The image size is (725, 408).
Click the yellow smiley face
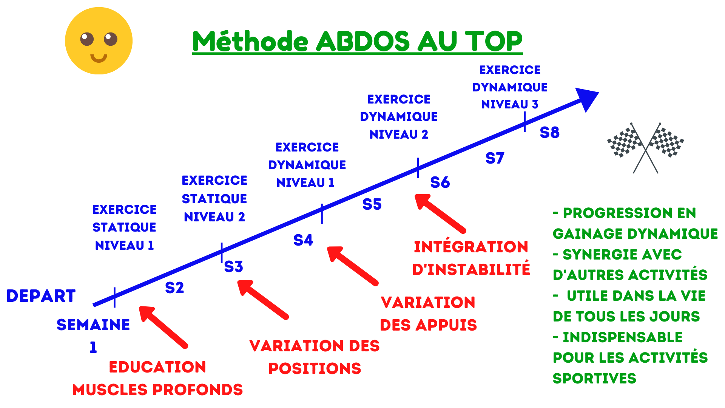[x=99, y=41]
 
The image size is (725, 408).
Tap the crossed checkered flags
[x=646, y=148]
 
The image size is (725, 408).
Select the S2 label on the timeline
[x=174, y=288]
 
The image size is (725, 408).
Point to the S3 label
[x=233, y=267]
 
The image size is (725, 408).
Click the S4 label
[x=303, y=240]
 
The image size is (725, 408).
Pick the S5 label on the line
[x=372, y=204]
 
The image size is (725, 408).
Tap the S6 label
[x=440, y=182]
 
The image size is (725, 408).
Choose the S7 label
[x=495, y=158]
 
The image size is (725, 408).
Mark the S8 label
[x=549, y=133]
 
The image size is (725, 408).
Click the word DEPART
[x=41, y=296]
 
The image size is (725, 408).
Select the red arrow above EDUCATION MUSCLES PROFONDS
[x=164, y=327]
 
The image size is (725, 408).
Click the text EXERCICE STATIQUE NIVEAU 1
[x=124, y=227]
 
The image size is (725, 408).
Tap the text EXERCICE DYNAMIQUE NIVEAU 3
[x=510, y=87]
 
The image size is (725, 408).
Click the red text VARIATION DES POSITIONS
[x=315, y=357]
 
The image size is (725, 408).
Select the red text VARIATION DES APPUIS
[x=428, y=314]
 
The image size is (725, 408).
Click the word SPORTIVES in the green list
[x=594, y=379]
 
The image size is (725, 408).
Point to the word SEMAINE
[x=93, y=325]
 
